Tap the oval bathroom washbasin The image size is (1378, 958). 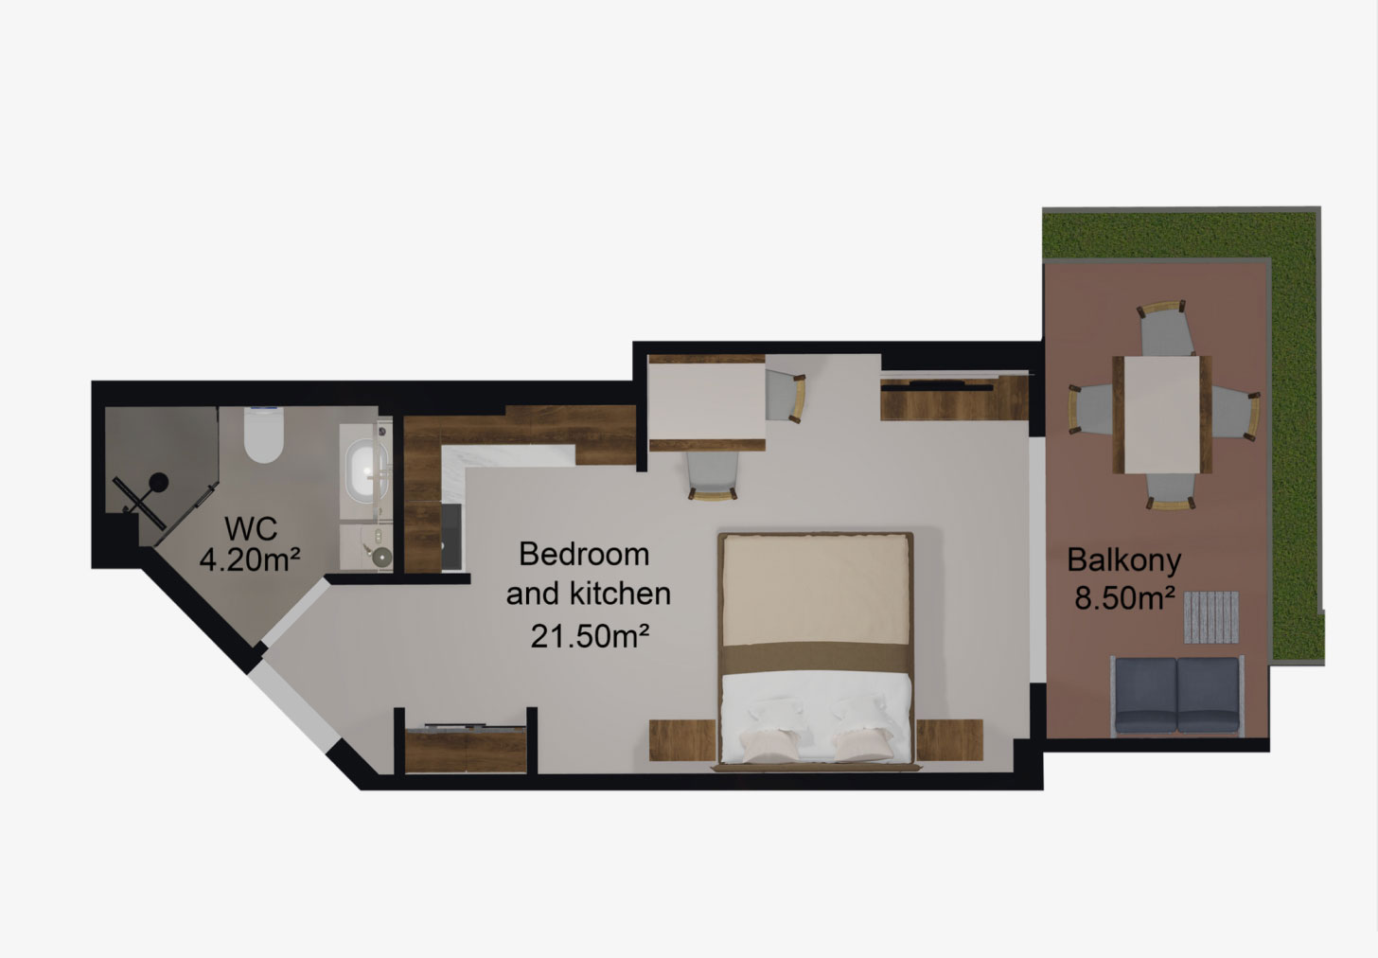367,470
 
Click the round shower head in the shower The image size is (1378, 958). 160,482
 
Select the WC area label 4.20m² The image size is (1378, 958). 250,559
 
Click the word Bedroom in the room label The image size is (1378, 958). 584,554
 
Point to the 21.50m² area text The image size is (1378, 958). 590,636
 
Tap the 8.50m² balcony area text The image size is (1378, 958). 1124,598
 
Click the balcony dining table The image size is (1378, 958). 1162,415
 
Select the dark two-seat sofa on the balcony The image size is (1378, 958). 1177,695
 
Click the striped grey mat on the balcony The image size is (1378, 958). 1211,617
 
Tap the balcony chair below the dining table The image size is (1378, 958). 1170,491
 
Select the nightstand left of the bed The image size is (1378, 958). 684,739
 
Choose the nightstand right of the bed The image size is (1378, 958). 949,739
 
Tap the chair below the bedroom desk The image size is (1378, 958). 713,475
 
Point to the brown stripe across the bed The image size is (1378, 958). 815,658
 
